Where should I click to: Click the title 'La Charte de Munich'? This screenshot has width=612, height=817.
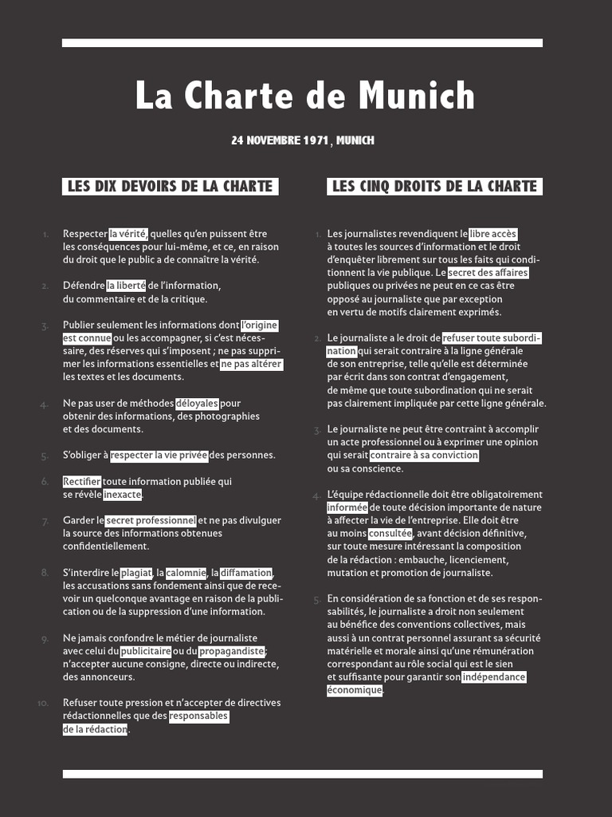pyautogui.click(x=305, y=97)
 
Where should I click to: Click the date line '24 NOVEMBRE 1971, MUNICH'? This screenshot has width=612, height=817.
pyautogui.click(x=302, y=140)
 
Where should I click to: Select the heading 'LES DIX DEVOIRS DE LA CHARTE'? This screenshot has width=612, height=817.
pyautogui.click(x=170, y=186)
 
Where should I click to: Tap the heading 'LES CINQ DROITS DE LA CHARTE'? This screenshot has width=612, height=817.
pyautogui.click(x=434, y=186)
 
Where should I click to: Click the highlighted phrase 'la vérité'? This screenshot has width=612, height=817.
pyautogui.click(x=127, y=234)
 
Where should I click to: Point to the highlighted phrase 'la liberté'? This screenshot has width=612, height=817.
pyautogui.click(x=127, y=286)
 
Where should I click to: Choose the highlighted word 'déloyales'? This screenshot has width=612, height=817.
pyautogui.click(x=197, y=404)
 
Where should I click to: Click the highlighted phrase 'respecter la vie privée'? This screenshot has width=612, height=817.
pyautogui.click(x=159, y=456)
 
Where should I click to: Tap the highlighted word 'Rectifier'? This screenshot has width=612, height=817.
pyautogui.click(x=82, y=481)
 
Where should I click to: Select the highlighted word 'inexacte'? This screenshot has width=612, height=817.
pyautogui.click(x=123, y=495)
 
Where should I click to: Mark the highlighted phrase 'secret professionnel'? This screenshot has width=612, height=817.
pyautogui.click(x=151, y=520)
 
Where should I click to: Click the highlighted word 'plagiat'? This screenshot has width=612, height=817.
pyautogui.click(x=136, y=573)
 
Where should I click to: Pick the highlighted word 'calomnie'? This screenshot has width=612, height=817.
pyautogui.click(x=186, y=573)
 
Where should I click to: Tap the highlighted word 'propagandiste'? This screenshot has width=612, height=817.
pyautogui.click(x=231, y=651)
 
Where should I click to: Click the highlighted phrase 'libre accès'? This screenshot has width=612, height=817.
pyautogui.click(x=493, y=234)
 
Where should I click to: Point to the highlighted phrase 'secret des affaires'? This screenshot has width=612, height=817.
pyautogui.click(x=488, y=273)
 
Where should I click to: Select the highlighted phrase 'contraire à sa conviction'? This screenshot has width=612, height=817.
pyautogui.click(x=424, y=456)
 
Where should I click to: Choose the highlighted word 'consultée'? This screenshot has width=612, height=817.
pyautogui.click(x=390, y=533)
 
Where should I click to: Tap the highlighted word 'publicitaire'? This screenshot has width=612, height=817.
pyautogui.click(x=146, y=651)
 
